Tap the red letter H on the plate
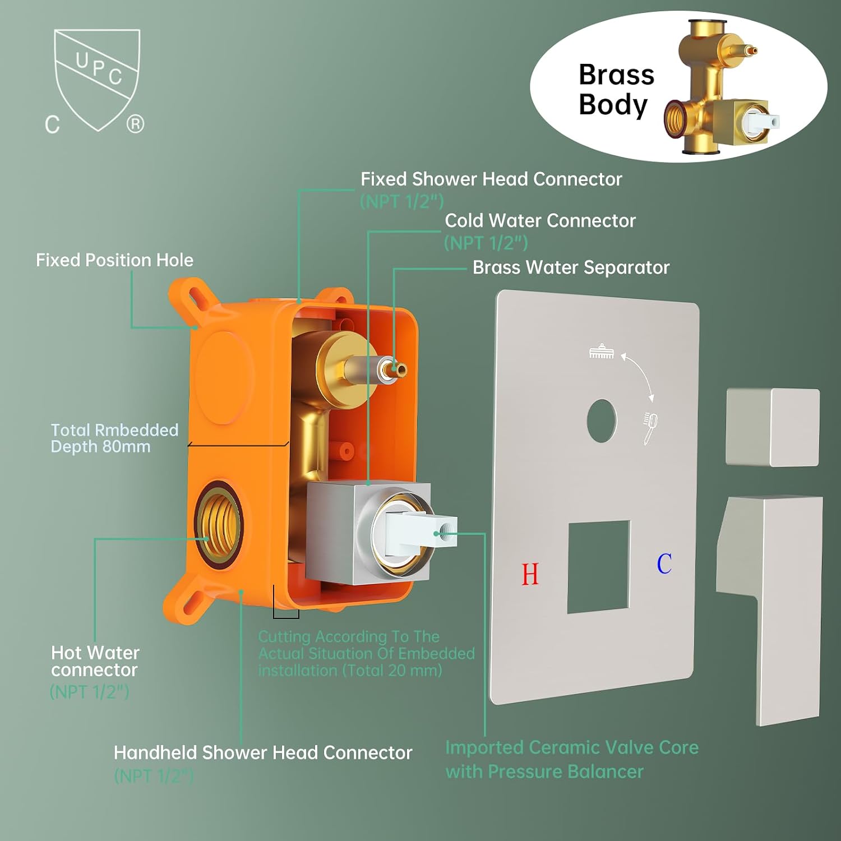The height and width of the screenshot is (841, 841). coord(530,574)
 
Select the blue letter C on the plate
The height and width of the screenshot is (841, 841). coord(664,563)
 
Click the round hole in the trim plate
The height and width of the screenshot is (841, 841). coord(602,420)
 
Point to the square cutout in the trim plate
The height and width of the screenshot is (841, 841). coord(599,566)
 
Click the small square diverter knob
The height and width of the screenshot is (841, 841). coord(773,427)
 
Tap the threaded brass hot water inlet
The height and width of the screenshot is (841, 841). coord(218,525)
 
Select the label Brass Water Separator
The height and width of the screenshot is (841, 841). coord(571,267)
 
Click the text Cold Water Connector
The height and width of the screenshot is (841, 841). coord(540,220)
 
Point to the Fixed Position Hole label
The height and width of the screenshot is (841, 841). coord(114,260)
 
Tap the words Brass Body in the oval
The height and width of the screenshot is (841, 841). coord(616,90)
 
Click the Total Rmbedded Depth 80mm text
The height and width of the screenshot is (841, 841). coord(114,438)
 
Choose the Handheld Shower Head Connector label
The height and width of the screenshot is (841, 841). coord(263,752)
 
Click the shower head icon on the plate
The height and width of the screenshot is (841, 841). coord(602,352)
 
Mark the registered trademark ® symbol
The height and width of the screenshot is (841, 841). coord(135,123)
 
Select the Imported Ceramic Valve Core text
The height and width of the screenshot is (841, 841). coord(572,747)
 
